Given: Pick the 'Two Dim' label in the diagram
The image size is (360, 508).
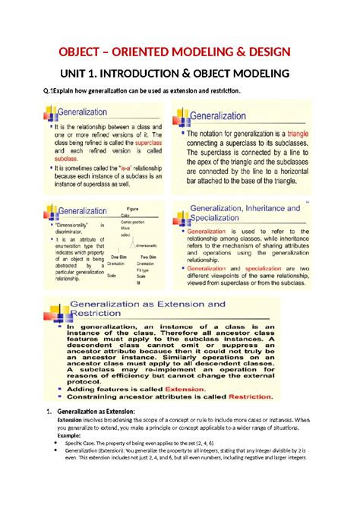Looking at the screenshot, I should pos(148,257).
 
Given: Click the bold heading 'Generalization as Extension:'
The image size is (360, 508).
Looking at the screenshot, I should pos(95,411).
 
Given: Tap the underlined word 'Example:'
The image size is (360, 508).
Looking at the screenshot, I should pos(72,436).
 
